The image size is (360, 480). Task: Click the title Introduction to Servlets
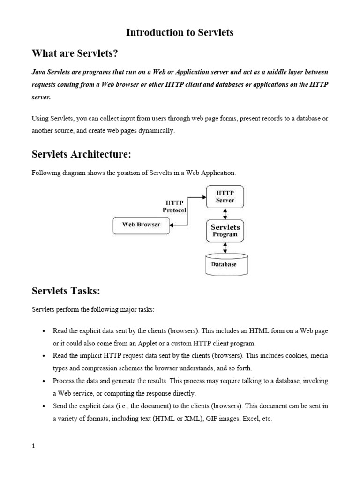click(180, 32)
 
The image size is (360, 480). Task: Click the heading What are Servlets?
click(75, 54)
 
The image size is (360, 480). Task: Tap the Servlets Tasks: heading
click(66, 291)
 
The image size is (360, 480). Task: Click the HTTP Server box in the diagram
click(225, 196)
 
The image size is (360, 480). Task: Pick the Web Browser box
click(141, 225)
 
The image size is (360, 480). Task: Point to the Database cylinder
click(226, 264)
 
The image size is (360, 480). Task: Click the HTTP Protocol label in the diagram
click(174, 206)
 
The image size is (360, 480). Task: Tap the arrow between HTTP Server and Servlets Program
click(225, 214)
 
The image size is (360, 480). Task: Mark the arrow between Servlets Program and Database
click(225, 248)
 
